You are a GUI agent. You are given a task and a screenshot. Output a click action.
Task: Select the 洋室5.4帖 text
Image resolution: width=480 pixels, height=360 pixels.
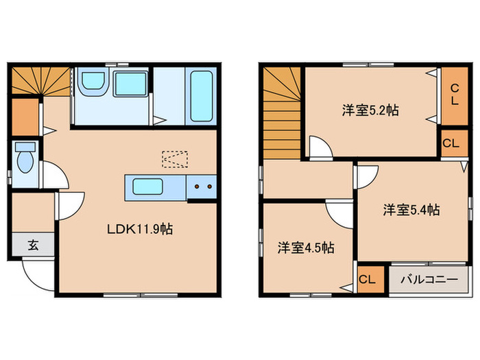tap(411, 211)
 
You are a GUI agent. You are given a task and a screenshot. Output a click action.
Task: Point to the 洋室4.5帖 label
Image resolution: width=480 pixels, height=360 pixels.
tap(306, 248)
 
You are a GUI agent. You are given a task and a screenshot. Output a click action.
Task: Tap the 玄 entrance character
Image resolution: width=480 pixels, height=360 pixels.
tap(32, 243)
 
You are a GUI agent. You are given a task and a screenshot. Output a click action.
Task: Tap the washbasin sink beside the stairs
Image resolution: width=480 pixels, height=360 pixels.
tap(91, 84)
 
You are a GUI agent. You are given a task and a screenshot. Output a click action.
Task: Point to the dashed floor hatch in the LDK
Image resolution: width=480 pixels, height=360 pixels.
tap(174, 158)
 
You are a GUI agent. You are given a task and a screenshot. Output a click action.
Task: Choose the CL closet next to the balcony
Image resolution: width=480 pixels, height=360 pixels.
tap(367, 279)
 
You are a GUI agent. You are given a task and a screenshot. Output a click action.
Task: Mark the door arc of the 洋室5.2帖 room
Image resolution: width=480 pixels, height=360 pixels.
tap(319, 147)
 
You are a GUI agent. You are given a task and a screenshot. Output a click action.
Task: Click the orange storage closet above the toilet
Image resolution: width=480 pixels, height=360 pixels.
tap(25, 117)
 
